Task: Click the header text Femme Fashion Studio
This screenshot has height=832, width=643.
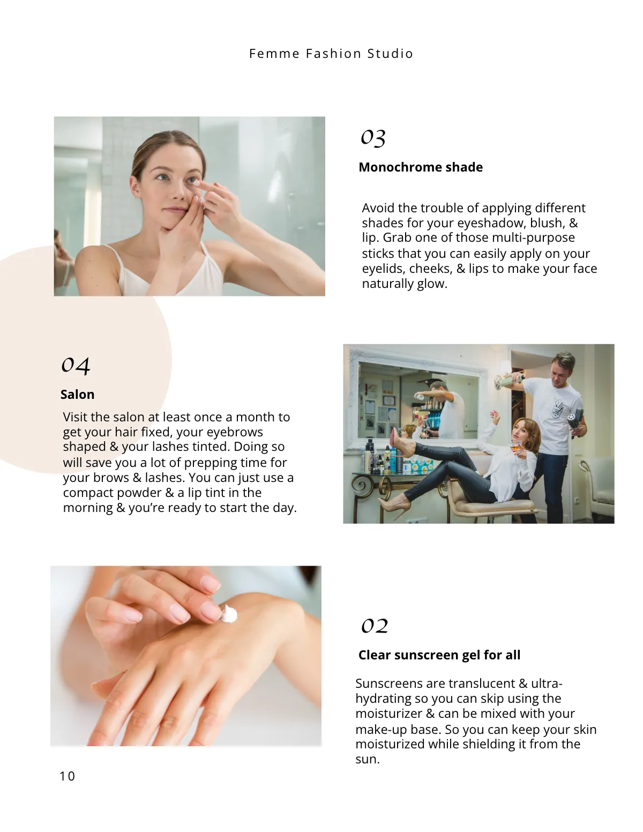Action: pos(331,54)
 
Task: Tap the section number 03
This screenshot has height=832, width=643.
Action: pos(373,137)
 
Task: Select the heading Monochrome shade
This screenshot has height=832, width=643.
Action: pos(420,167)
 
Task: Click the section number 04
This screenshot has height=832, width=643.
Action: pos(75,365)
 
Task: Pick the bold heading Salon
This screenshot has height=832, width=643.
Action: pos(77,395)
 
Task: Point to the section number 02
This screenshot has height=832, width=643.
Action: pos(374,626)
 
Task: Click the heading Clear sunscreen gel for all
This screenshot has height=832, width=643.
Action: pos(439,655)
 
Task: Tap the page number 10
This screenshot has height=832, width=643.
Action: pos(67,776)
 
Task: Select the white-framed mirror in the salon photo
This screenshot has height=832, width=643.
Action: pos(418,399)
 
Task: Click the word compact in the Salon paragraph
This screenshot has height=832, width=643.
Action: pos(85,493)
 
